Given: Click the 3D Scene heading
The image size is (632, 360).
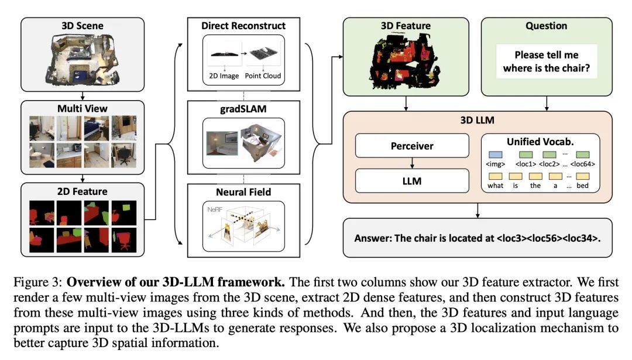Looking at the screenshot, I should pos(82,25).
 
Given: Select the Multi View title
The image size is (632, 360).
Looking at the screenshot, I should pos(82,109).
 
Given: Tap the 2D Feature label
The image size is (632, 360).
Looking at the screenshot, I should pos(82,191).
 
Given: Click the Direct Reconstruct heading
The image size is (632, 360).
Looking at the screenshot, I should pos(243,26).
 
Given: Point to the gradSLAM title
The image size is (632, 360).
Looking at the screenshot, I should pos(243,108).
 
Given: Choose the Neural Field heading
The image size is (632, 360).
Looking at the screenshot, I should pos(243,191).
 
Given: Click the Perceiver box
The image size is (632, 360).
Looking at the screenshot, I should pos(412,145).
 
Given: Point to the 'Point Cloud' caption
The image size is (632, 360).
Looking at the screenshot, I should pos(262,76).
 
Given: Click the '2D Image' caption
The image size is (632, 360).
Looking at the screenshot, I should pos(225,76).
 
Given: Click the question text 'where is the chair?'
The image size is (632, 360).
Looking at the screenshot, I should pos(547,68).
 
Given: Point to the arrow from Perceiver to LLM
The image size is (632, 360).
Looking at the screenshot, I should pos(412,163).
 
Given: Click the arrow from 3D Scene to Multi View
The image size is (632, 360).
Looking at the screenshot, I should pos(82,95).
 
